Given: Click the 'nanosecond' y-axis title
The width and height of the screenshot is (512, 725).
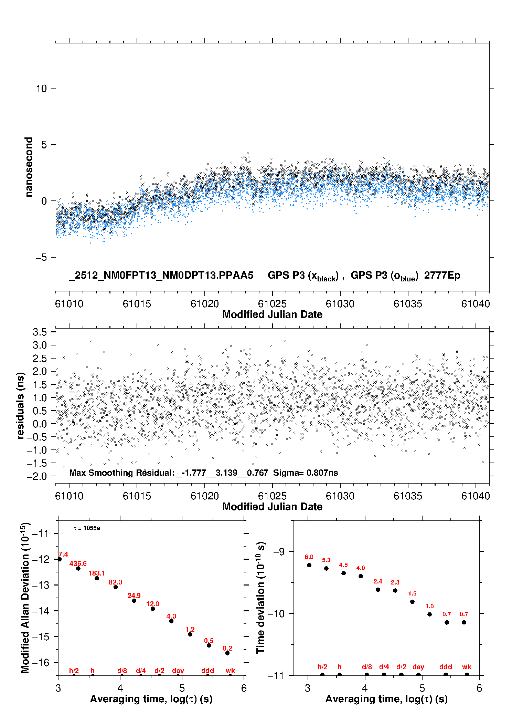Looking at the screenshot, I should coord(29,167).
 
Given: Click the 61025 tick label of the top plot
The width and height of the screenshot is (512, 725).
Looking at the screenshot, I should coord(272,304).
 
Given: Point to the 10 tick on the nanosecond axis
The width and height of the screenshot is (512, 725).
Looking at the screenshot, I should coord(42,89).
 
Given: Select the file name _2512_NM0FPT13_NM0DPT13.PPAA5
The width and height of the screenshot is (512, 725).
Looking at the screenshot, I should coord(161,276).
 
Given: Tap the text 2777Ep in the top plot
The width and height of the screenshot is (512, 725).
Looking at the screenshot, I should coord(442,276).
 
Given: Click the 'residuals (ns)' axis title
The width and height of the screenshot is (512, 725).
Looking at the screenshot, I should coord(21,406).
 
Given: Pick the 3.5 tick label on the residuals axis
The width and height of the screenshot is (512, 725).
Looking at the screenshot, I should coord(40,332).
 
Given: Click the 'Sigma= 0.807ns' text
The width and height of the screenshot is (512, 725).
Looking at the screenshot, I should coord(306,473).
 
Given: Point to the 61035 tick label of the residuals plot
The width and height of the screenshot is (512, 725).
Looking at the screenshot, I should coord(408,496).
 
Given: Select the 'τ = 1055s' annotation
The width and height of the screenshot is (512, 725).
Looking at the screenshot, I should coord(87,528).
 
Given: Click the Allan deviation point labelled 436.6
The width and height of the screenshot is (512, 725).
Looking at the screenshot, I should coord(78,568).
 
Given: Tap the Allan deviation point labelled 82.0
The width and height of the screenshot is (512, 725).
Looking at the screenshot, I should coord(116,587).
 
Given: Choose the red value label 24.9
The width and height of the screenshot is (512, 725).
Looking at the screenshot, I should coord(134,595).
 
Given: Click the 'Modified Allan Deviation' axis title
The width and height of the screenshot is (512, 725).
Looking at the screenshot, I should coord(25,598).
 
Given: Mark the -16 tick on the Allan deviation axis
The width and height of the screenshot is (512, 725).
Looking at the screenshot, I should coord(41,662).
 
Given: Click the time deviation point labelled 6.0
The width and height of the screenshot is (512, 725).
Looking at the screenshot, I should coord(309,565).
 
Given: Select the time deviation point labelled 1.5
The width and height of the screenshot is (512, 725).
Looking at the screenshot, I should coord(412,602).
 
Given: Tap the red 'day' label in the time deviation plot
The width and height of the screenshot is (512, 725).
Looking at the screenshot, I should coord(418,667).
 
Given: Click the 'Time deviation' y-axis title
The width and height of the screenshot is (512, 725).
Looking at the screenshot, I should coord(261,598).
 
